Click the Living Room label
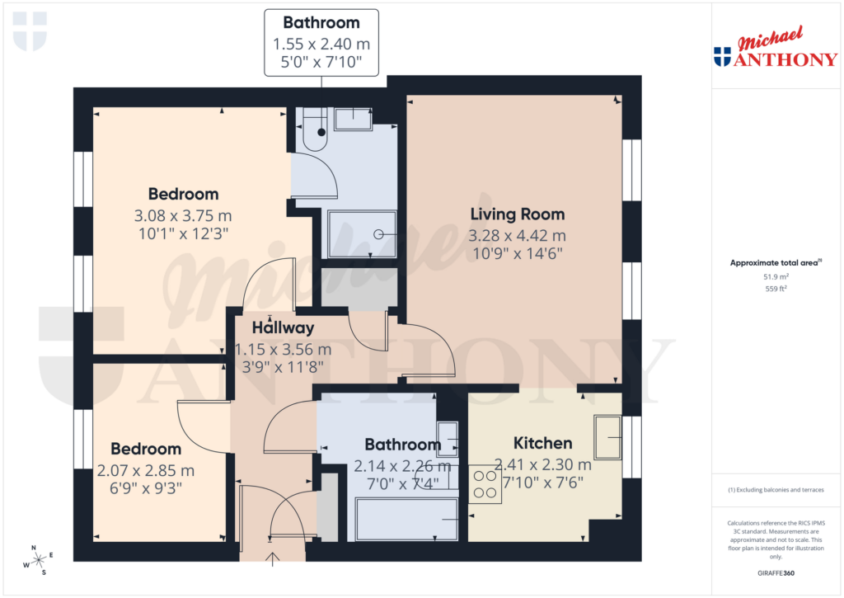coord(517,214)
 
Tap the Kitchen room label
coord(542,443)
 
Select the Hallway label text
coord(283,327)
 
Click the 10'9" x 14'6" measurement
coord(517,254)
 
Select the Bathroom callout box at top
coord(321,43)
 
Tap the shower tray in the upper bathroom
coord(363,234)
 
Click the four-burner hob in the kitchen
coord(485,484)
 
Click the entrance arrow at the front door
coord(273,560)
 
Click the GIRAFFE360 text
coord(774,572)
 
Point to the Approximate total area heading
coord(773,263)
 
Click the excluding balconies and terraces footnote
coord(775,490)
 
